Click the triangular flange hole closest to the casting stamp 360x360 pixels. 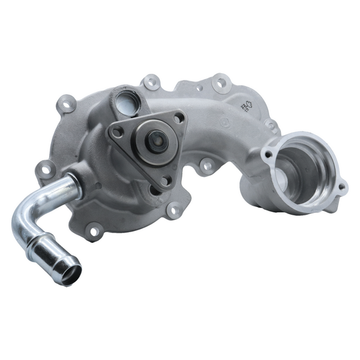coord(178,119)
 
